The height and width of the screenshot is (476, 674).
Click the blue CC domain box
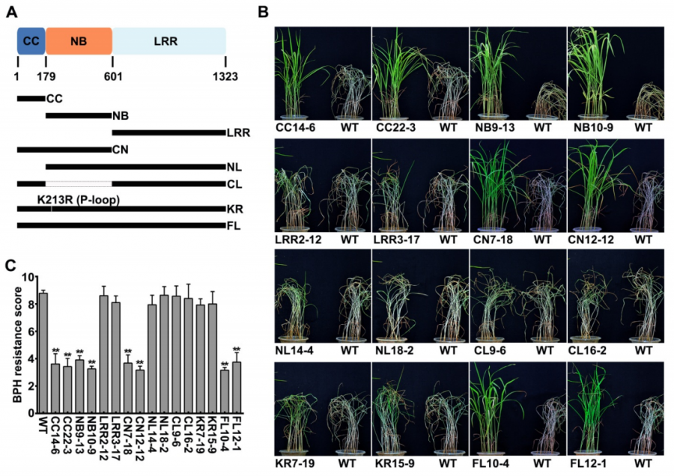click(31, 40)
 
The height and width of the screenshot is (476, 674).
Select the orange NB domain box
click(79, 40)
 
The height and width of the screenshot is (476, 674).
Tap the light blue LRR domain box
click(169, 40)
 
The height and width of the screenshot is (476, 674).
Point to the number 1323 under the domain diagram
click(226, 76)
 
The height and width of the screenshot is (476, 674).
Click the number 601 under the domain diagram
click(112, 76)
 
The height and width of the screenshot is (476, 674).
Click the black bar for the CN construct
click(64, 150)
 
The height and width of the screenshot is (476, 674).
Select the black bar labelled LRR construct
click(168, 132)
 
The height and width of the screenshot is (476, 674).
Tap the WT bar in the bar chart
click(43, 353)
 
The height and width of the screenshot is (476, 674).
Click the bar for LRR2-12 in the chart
click(103, 354)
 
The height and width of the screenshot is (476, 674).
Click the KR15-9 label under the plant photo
click(392, 464)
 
